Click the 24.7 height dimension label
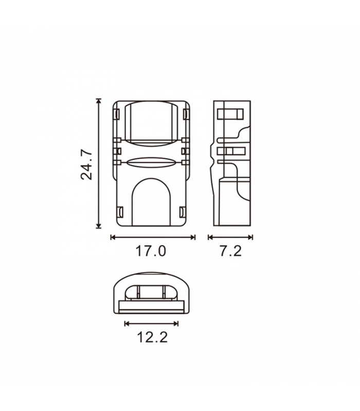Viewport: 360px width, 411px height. (x=86, y=164)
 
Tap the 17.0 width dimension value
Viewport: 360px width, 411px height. (x=151, y=251)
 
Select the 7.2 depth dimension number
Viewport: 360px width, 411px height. (x=230, y=251)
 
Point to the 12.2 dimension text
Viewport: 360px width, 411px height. (x=152, y=337)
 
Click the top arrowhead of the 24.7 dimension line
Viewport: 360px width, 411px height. (x=98, y=101)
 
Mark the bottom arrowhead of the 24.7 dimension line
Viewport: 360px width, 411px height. (x=98, y=226)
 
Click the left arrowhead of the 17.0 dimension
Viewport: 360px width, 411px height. (x=113, y=237)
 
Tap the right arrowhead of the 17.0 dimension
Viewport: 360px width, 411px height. (x=193, y=237)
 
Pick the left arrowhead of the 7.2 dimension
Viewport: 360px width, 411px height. (x=210, y=237)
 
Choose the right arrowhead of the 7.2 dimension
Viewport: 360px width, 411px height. (x=250, y=237)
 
